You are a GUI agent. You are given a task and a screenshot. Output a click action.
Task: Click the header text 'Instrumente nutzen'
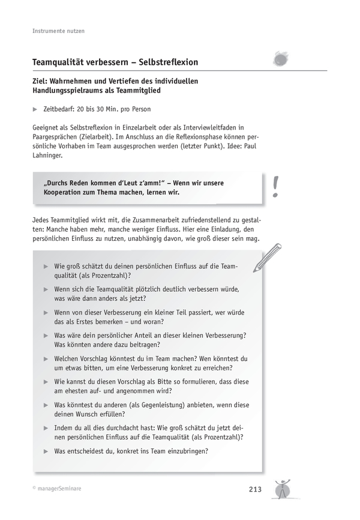58,31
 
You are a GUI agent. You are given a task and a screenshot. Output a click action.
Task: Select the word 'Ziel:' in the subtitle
43,80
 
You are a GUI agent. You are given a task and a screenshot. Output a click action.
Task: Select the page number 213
254,490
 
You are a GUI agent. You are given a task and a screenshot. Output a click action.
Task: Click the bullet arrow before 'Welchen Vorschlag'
46,358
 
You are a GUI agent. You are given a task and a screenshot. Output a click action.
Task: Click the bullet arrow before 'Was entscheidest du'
46,451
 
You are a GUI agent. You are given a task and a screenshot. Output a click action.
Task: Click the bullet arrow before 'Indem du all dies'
46,428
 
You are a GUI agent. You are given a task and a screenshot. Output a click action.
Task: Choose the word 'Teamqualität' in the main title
63,62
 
